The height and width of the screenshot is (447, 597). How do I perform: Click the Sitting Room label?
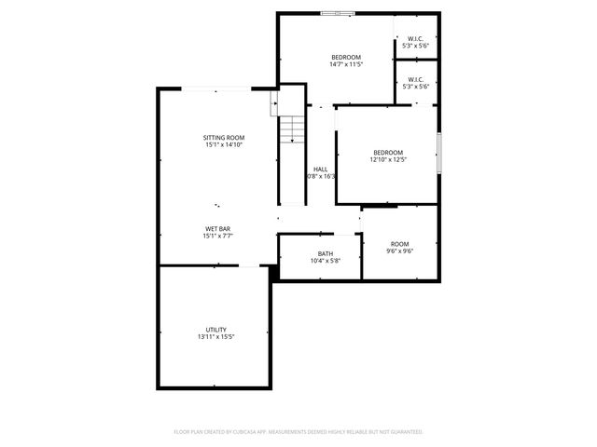(x=224, y=138)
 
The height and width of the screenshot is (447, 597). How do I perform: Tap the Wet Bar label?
(x=218, y=229)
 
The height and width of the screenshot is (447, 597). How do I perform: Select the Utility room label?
(x=216, y=330)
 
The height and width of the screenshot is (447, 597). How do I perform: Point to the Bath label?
(x=326, y=253)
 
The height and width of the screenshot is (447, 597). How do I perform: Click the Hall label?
(x=321, y=169)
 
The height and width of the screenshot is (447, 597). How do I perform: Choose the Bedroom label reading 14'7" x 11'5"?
(x=345, y=58)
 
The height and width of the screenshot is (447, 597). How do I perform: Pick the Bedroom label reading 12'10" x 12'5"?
(x=388, y=153)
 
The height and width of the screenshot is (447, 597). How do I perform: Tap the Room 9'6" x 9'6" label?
(x=400, y=244)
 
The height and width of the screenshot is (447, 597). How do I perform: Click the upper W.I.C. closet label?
(x=416, y=38)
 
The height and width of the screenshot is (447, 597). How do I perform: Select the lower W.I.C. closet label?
(x=416, y=80)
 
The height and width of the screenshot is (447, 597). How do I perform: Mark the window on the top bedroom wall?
(x=338, y=13)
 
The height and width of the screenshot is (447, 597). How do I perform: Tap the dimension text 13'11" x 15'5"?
(x=216, y=337)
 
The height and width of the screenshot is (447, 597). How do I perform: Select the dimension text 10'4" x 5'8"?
(x=326, y=261)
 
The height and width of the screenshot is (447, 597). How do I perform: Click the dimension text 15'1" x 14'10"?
(x=224, y=145)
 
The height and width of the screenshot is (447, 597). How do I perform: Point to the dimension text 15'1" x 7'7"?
(x=218, y=237)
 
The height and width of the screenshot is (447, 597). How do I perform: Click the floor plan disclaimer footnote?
(x=298, y=432)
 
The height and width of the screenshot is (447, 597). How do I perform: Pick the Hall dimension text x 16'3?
(x=322, y=176)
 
